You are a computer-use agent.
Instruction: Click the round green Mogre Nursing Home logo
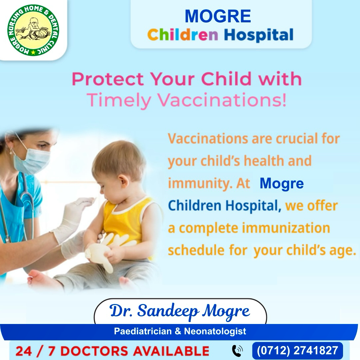coord(33,30)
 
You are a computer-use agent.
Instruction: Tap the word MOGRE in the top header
coord(218,16)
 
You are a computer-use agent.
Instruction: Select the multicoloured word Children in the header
coord(183,35)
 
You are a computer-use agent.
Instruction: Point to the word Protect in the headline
coord(108,79)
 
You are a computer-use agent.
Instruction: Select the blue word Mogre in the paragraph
coord(282,184)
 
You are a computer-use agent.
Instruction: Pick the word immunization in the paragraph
coord(286,228)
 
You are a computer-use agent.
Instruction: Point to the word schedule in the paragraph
coord(196,250)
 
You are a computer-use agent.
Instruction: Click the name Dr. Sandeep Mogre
coord(180,311)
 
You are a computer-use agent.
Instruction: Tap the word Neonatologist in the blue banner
coord(215,331)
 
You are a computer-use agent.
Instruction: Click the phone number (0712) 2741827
coord(297,351)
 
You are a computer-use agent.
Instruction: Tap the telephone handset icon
coord(237,351)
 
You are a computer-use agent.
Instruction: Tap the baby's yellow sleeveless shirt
coord(125,220)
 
